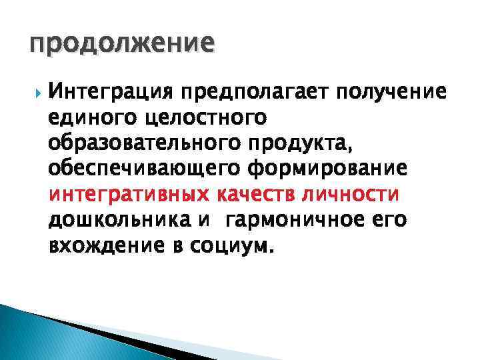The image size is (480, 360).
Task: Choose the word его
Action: coord(403,221)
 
